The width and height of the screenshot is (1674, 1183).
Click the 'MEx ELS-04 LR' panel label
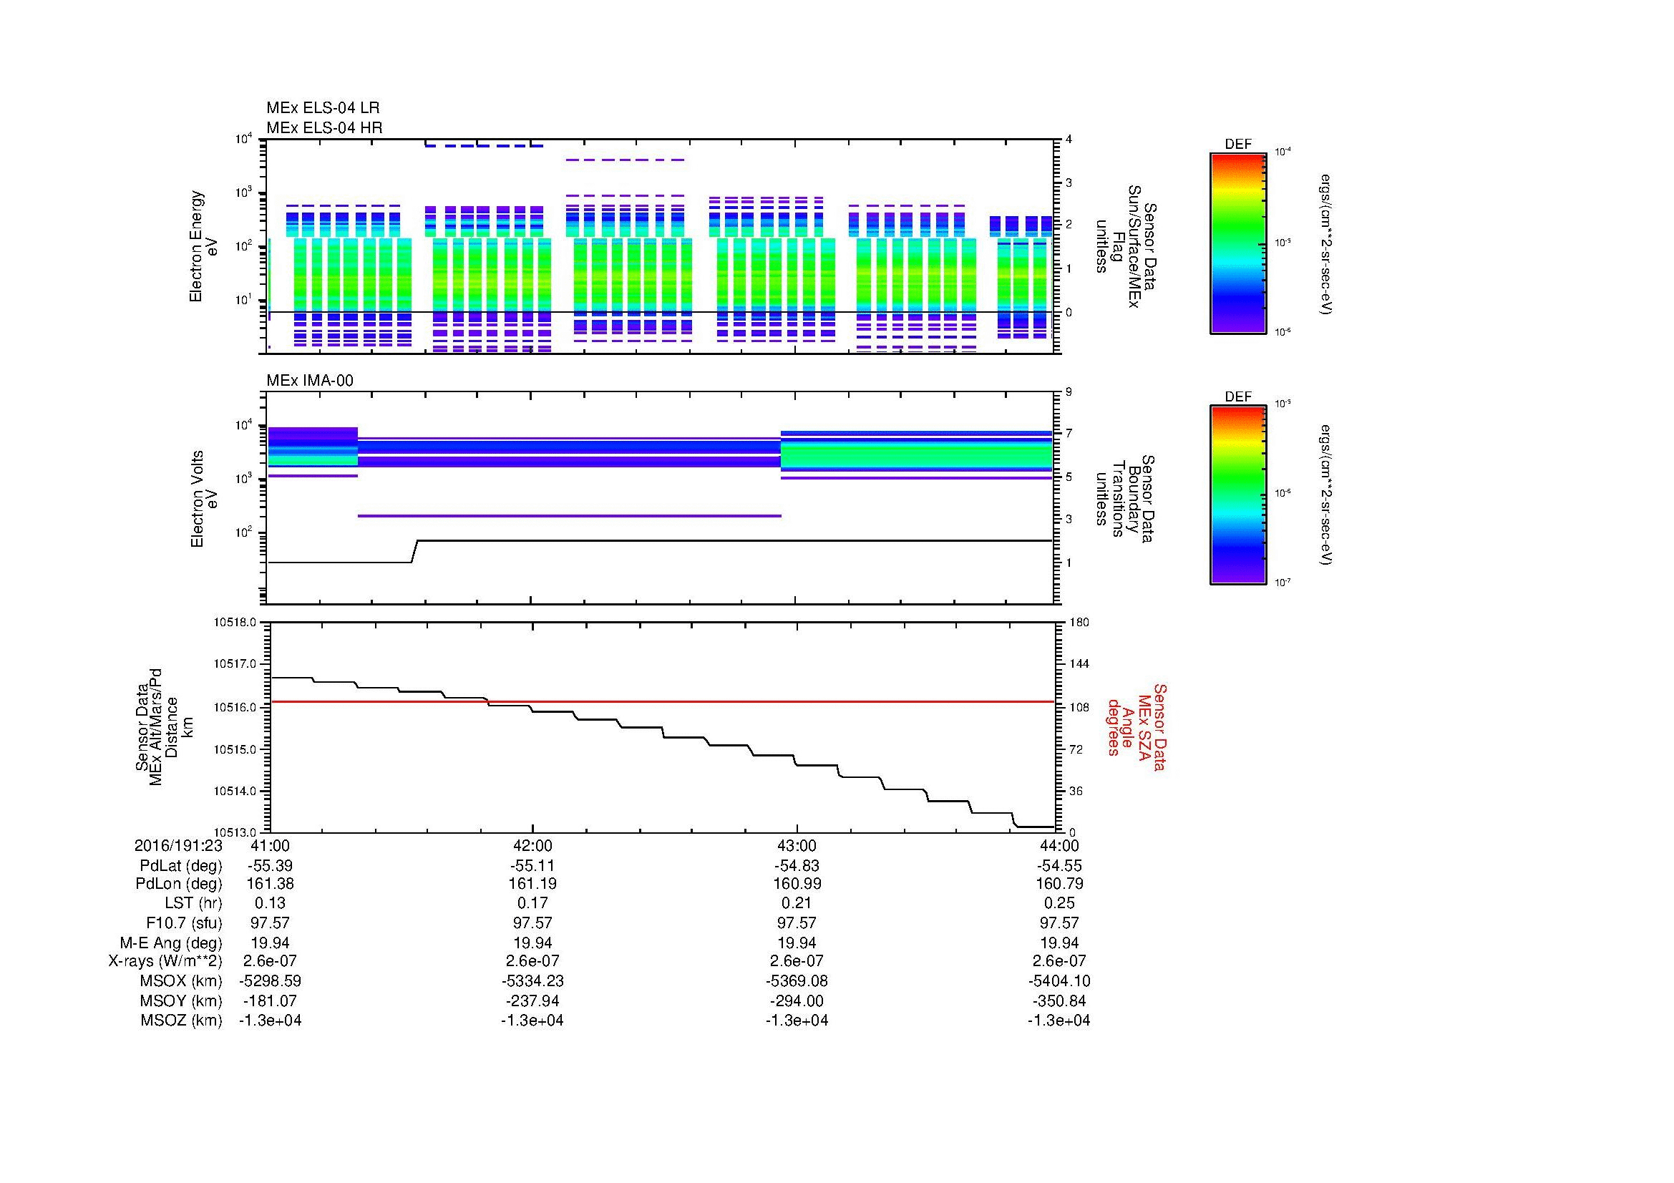[323, 108]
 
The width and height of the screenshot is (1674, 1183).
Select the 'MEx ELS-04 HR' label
[324, 127]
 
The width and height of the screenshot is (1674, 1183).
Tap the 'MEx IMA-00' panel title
[310, 381]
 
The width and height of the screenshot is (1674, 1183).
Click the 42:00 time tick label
[533, 845]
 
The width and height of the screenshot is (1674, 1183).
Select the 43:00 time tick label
[797, 845]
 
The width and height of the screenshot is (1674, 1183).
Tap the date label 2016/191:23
[178, 845]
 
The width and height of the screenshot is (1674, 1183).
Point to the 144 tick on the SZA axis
[1079, 664]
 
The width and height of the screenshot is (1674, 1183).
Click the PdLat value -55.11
[533, 866]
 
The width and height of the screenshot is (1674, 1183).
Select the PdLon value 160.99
[797, 883]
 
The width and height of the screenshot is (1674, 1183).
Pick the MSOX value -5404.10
[1059, 981]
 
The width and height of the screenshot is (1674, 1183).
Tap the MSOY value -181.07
[270, 1001]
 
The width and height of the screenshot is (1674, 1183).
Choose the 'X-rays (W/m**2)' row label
[165, 961]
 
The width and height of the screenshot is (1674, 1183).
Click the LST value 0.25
[1059, 903]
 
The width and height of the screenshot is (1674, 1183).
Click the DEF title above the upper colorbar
[1238, 145]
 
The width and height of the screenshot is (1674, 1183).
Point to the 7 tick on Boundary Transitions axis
[1069, 434]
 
